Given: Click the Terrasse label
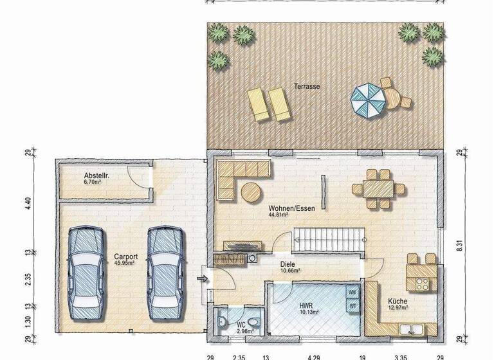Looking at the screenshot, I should click(307, 86).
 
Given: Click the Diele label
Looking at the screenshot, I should click(287, 264).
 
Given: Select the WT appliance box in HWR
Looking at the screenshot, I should click(352, 307).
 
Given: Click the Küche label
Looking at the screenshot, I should click(397, 301).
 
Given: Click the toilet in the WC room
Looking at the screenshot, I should click(254, 322).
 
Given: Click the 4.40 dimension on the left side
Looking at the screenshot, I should click(28, 204).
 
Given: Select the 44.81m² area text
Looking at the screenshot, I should click(281, 216).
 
